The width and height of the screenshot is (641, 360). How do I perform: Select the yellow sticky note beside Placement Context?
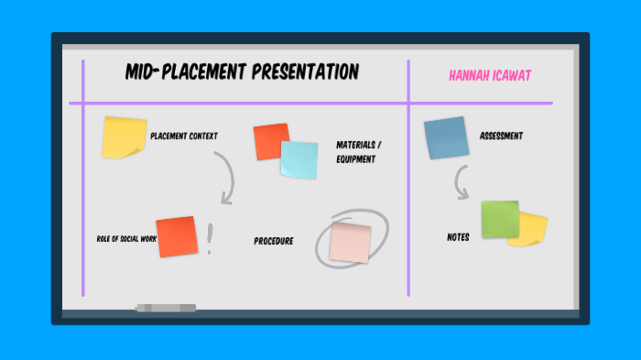tap(123, 137)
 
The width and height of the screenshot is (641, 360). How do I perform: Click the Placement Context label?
tap(184, 136)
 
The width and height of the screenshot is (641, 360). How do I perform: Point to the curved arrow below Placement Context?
tap(225, 178)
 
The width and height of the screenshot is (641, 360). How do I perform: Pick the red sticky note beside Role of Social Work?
tap(177, 237)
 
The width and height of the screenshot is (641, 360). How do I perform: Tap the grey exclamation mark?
tap(210, 239)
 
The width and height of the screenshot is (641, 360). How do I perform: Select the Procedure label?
tap(273, 242)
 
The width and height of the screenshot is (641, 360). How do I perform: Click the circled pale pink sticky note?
tap(350, 241)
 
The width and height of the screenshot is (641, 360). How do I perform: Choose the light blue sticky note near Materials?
tap(299, 160)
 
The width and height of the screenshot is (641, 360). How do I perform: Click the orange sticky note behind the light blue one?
tap(268, 140)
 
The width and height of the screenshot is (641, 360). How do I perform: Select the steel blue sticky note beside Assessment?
tap(446, 138)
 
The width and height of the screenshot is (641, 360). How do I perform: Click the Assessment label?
tap(501, 136)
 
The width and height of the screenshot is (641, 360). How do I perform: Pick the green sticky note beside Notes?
tap(500, 220)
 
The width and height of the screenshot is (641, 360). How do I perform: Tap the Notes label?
tap(458, 237)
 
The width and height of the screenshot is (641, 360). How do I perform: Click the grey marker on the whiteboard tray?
tap(166, 308)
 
